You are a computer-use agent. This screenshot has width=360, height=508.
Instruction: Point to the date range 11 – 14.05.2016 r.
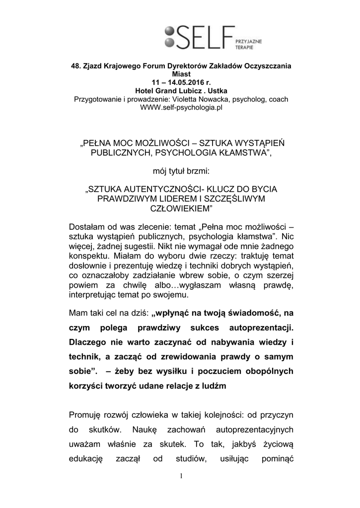click(x=180, y=82)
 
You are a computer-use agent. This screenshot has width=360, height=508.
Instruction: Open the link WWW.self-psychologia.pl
click(x=180, y=107)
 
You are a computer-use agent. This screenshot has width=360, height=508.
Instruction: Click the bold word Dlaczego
click(x=91, y=343)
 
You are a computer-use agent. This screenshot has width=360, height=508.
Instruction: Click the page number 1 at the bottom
click(x=181, y=477)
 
